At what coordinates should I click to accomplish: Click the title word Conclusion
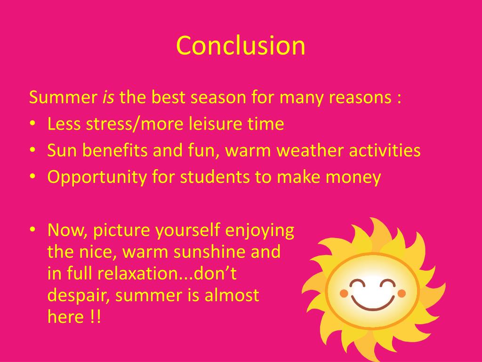(x=241, y=46)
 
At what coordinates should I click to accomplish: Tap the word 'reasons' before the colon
(x=360, y=98)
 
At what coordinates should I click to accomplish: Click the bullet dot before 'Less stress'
(x=32, y=124)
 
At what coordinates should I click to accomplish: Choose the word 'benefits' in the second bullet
(x=117, y=150)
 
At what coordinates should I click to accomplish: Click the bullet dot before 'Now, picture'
(x=32, y=230)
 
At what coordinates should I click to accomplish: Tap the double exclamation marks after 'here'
(x=94, y=317)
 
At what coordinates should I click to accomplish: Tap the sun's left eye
(x=358, y=283)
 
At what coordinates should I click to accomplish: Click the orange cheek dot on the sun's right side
(x=402, y=294)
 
